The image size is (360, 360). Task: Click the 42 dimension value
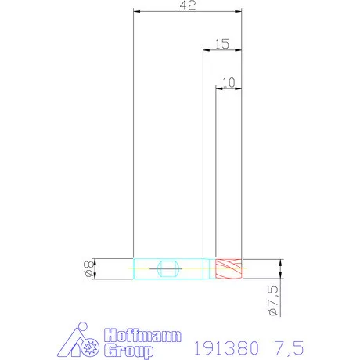pos(188,5)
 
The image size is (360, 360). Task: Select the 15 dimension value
pos(222,44)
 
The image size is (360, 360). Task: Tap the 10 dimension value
pos(229,82)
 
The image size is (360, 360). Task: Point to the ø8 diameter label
pos(88,268)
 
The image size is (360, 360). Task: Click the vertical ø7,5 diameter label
pos(273,301)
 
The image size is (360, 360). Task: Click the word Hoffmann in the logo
pos(142,335)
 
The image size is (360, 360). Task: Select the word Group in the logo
pos(128,351)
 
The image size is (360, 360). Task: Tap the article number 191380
pos(226,347)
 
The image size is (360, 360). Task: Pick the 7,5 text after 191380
pos(289,348)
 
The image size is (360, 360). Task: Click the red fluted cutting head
pos(229,268)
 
